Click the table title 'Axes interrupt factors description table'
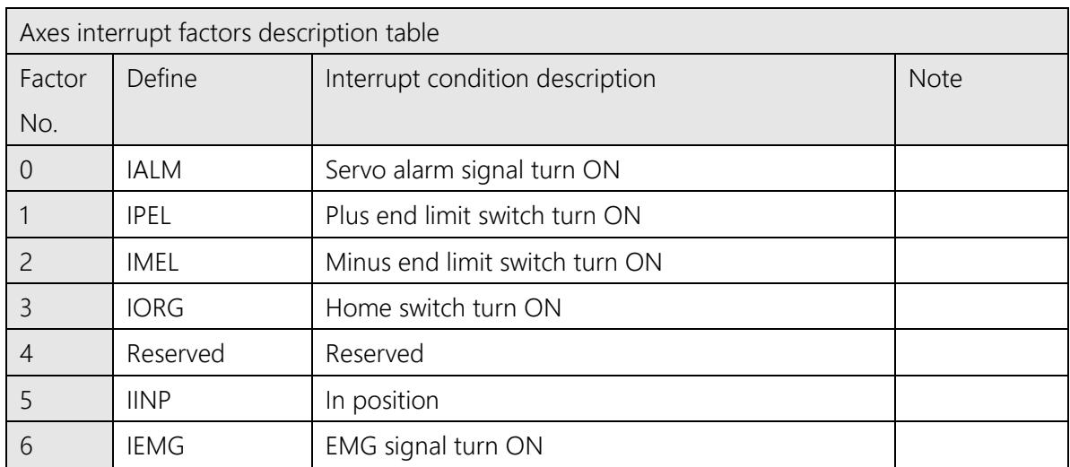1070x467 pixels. pos(229,33)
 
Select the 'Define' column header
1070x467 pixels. pos(161,79)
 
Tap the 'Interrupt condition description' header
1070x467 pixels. pos(491,80)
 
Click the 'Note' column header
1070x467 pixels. pos(935,79)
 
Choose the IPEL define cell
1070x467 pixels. pos(149,216)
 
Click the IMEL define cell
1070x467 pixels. pos(152,262)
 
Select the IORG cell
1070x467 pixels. pos(155,308)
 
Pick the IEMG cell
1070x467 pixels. pos(155,446)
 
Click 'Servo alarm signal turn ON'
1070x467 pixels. pos(473,169)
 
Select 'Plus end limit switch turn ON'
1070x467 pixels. pos(483,216)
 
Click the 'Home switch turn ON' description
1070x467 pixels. pos(444,308)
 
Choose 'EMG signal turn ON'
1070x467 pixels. pos(434,446)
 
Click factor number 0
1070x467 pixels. pos(27,169)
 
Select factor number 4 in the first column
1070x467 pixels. pos(27,355)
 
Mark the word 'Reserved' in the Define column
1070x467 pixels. pos(176,355)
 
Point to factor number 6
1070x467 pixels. pos(27,446)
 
